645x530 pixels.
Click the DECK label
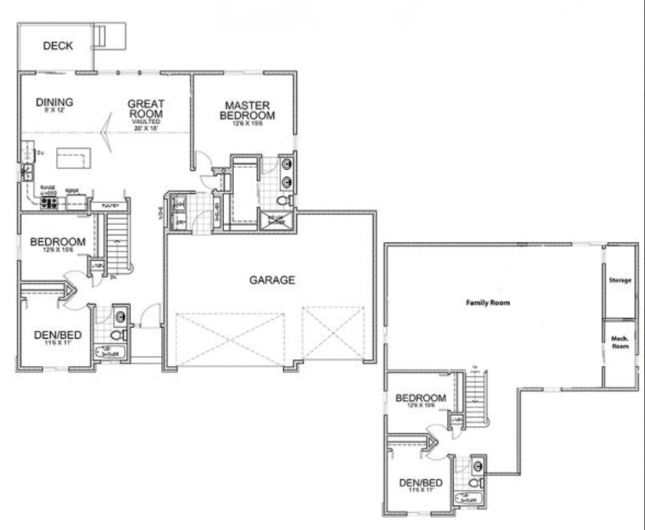58,46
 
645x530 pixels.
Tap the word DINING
55,102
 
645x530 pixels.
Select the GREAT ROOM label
146,109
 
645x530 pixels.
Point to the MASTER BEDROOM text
247,110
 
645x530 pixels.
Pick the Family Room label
488,302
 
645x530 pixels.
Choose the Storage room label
620,281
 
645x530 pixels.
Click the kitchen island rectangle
73,158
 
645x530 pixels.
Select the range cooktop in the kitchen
49,203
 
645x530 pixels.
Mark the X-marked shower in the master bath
276,221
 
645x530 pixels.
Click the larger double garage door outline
230,340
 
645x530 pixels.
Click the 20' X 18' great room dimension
146,128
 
